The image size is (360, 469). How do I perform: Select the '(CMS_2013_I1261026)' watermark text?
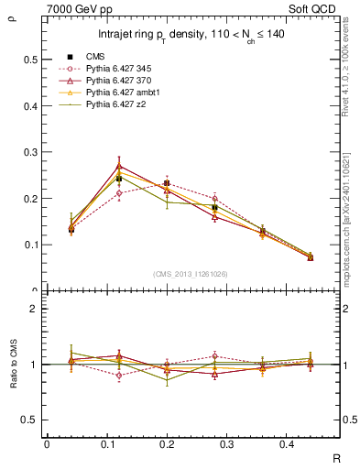(x=191, y=273)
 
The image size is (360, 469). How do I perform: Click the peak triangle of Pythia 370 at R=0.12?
(x=119, y=166)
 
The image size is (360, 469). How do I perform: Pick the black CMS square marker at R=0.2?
(x=167, y=184)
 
